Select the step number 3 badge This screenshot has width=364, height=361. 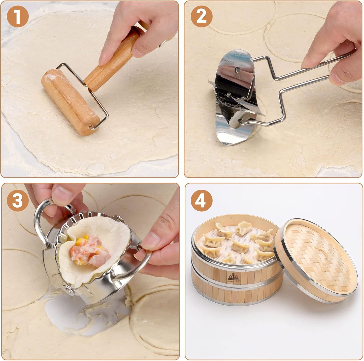click(18, 200)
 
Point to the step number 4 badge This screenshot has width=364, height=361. click(201, 200)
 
